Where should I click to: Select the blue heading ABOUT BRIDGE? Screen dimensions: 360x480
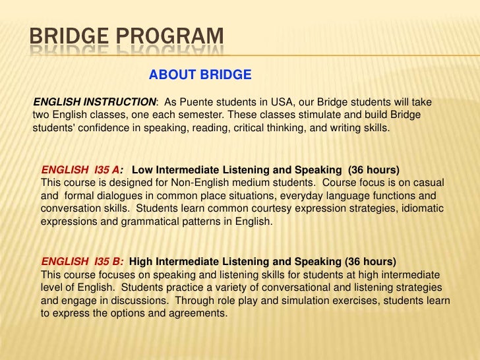point(200,75)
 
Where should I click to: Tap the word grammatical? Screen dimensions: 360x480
point(150,222)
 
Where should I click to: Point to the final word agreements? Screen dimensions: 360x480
point(198,314)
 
